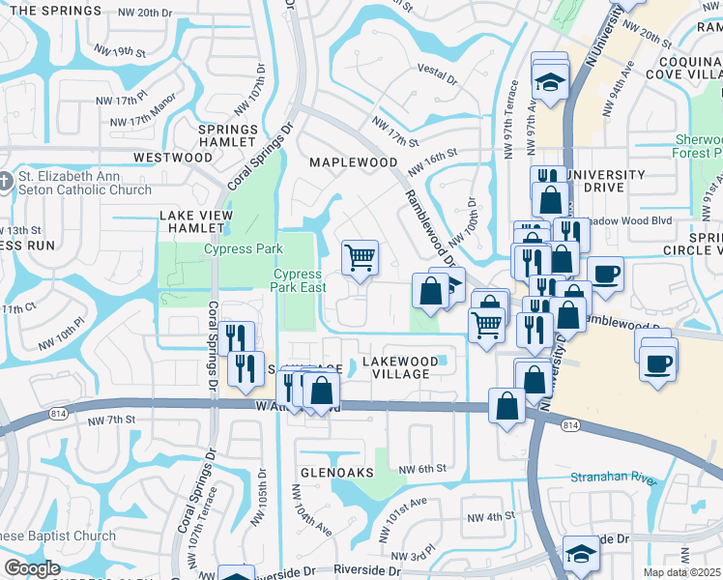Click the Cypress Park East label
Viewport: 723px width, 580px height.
tap(297, 280)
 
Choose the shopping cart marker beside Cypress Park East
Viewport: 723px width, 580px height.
tap(360, 257)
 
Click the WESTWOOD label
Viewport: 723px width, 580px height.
tap(173, 157)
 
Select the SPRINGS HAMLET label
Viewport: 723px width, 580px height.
tap(228, 135)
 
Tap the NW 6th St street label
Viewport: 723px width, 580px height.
tap(426, 468)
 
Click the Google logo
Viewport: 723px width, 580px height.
tap(32, 568)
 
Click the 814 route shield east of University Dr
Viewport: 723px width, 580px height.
tap(570, 425)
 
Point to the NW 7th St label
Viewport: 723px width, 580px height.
tap(109, 420)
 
